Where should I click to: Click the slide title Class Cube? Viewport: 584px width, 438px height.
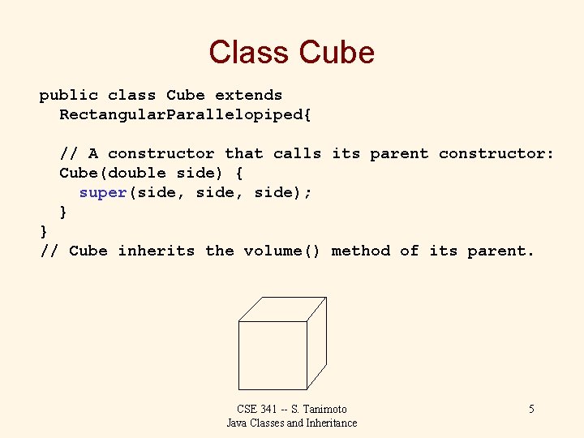[291, 53]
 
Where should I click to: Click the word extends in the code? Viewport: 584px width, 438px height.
[248, 95]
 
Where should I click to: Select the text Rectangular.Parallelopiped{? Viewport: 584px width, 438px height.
[185, 114]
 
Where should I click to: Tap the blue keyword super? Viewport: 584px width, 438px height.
[103, 192]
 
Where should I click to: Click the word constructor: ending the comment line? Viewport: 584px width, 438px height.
[496, 153]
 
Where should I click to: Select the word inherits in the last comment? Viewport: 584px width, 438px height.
[156, 251]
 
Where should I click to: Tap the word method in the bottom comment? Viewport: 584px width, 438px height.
[361, 251]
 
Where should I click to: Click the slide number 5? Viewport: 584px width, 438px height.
[531, 409]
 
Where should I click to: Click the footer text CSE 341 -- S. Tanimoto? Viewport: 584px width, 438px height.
[291, 409]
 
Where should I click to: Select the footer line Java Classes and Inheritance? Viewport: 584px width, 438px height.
[291, 423]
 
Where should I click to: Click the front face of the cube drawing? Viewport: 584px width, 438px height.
[273, 355]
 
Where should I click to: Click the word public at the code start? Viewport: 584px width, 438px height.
[68, 95]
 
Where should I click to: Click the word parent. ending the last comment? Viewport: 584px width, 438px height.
[500, 251]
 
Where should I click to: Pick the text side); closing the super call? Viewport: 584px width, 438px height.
[283, 192]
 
